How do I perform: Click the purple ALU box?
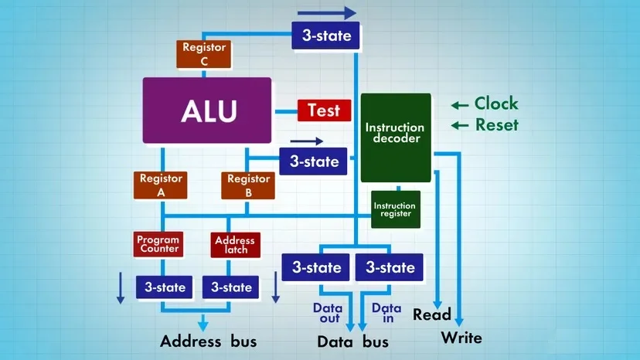[207, 110]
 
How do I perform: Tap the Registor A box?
[162, 185]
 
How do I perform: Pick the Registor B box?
[248, 185]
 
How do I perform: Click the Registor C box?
[204, 52]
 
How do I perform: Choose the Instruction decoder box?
[395, 138]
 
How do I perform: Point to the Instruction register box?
[395, 209]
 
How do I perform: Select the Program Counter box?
[158, 244]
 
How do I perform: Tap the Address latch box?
[234, 245]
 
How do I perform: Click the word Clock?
[496, 104]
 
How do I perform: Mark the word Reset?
[496, 125]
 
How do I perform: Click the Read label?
[432, 314]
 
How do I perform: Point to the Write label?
[461, 338]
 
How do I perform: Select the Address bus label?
[208, 341]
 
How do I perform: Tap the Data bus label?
[353, 341]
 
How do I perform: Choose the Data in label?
[386, 312]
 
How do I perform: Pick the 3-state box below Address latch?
[232, 287]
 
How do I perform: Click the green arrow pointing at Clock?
[461, 105]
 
